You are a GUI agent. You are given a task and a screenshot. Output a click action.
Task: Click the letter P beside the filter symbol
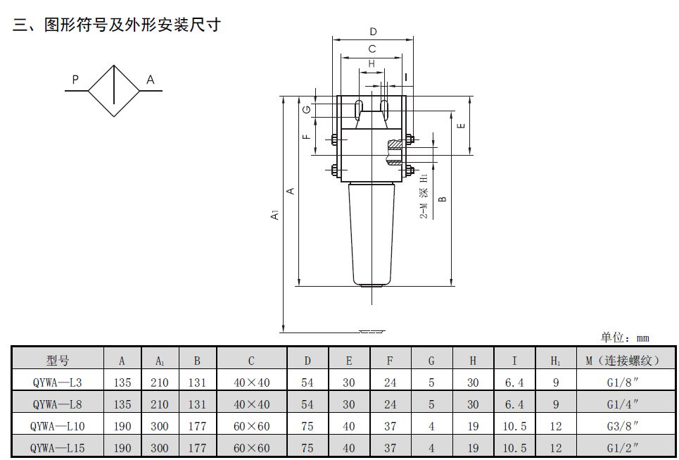(x=75, y=80)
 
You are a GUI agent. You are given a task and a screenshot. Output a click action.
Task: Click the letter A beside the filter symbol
(x=150, y=80)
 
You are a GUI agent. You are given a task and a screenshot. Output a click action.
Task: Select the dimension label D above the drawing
(x=373, y=31)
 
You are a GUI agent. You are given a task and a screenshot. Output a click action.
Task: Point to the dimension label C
(x=372, y=49)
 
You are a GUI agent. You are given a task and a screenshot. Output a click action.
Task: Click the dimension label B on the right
(x=443, y=199)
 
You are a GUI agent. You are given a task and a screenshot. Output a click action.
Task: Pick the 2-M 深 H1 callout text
(x=424, y=194)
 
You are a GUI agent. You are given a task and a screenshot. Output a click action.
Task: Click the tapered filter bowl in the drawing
(x=372, y=232)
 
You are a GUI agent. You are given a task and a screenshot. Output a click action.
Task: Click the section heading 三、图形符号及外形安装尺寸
(x=117, y=25)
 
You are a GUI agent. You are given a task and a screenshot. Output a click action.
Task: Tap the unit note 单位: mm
(x=624, y=338)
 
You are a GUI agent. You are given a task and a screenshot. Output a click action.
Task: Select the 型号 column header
(x=58, y=361)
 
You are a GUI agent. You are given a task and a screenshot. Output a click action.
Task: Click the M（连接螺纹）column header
(x=623, y=361)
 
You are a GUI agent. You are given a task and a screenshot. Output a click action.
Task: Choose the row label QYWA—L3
(x=58, y=383)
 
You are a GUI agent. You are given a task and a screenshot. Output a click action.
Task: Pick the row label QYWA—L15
(x=58, y=448)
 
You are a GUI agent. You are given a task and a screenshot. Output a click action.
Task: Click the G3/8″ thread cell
(x=623, y=426)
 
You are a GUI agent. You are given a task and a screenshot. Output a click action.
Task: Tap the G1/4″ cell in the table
(x=623, y=404)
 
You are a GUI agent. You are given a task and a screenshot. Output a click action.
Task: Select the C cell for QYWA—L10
(x=251, y=426)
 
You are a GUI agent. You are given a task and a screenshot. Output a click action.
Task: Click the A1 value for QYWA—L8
(x=160, y=404)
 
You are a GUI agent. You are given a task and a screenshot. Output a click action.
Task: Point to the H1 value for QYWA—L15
(x=556, y=448)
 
